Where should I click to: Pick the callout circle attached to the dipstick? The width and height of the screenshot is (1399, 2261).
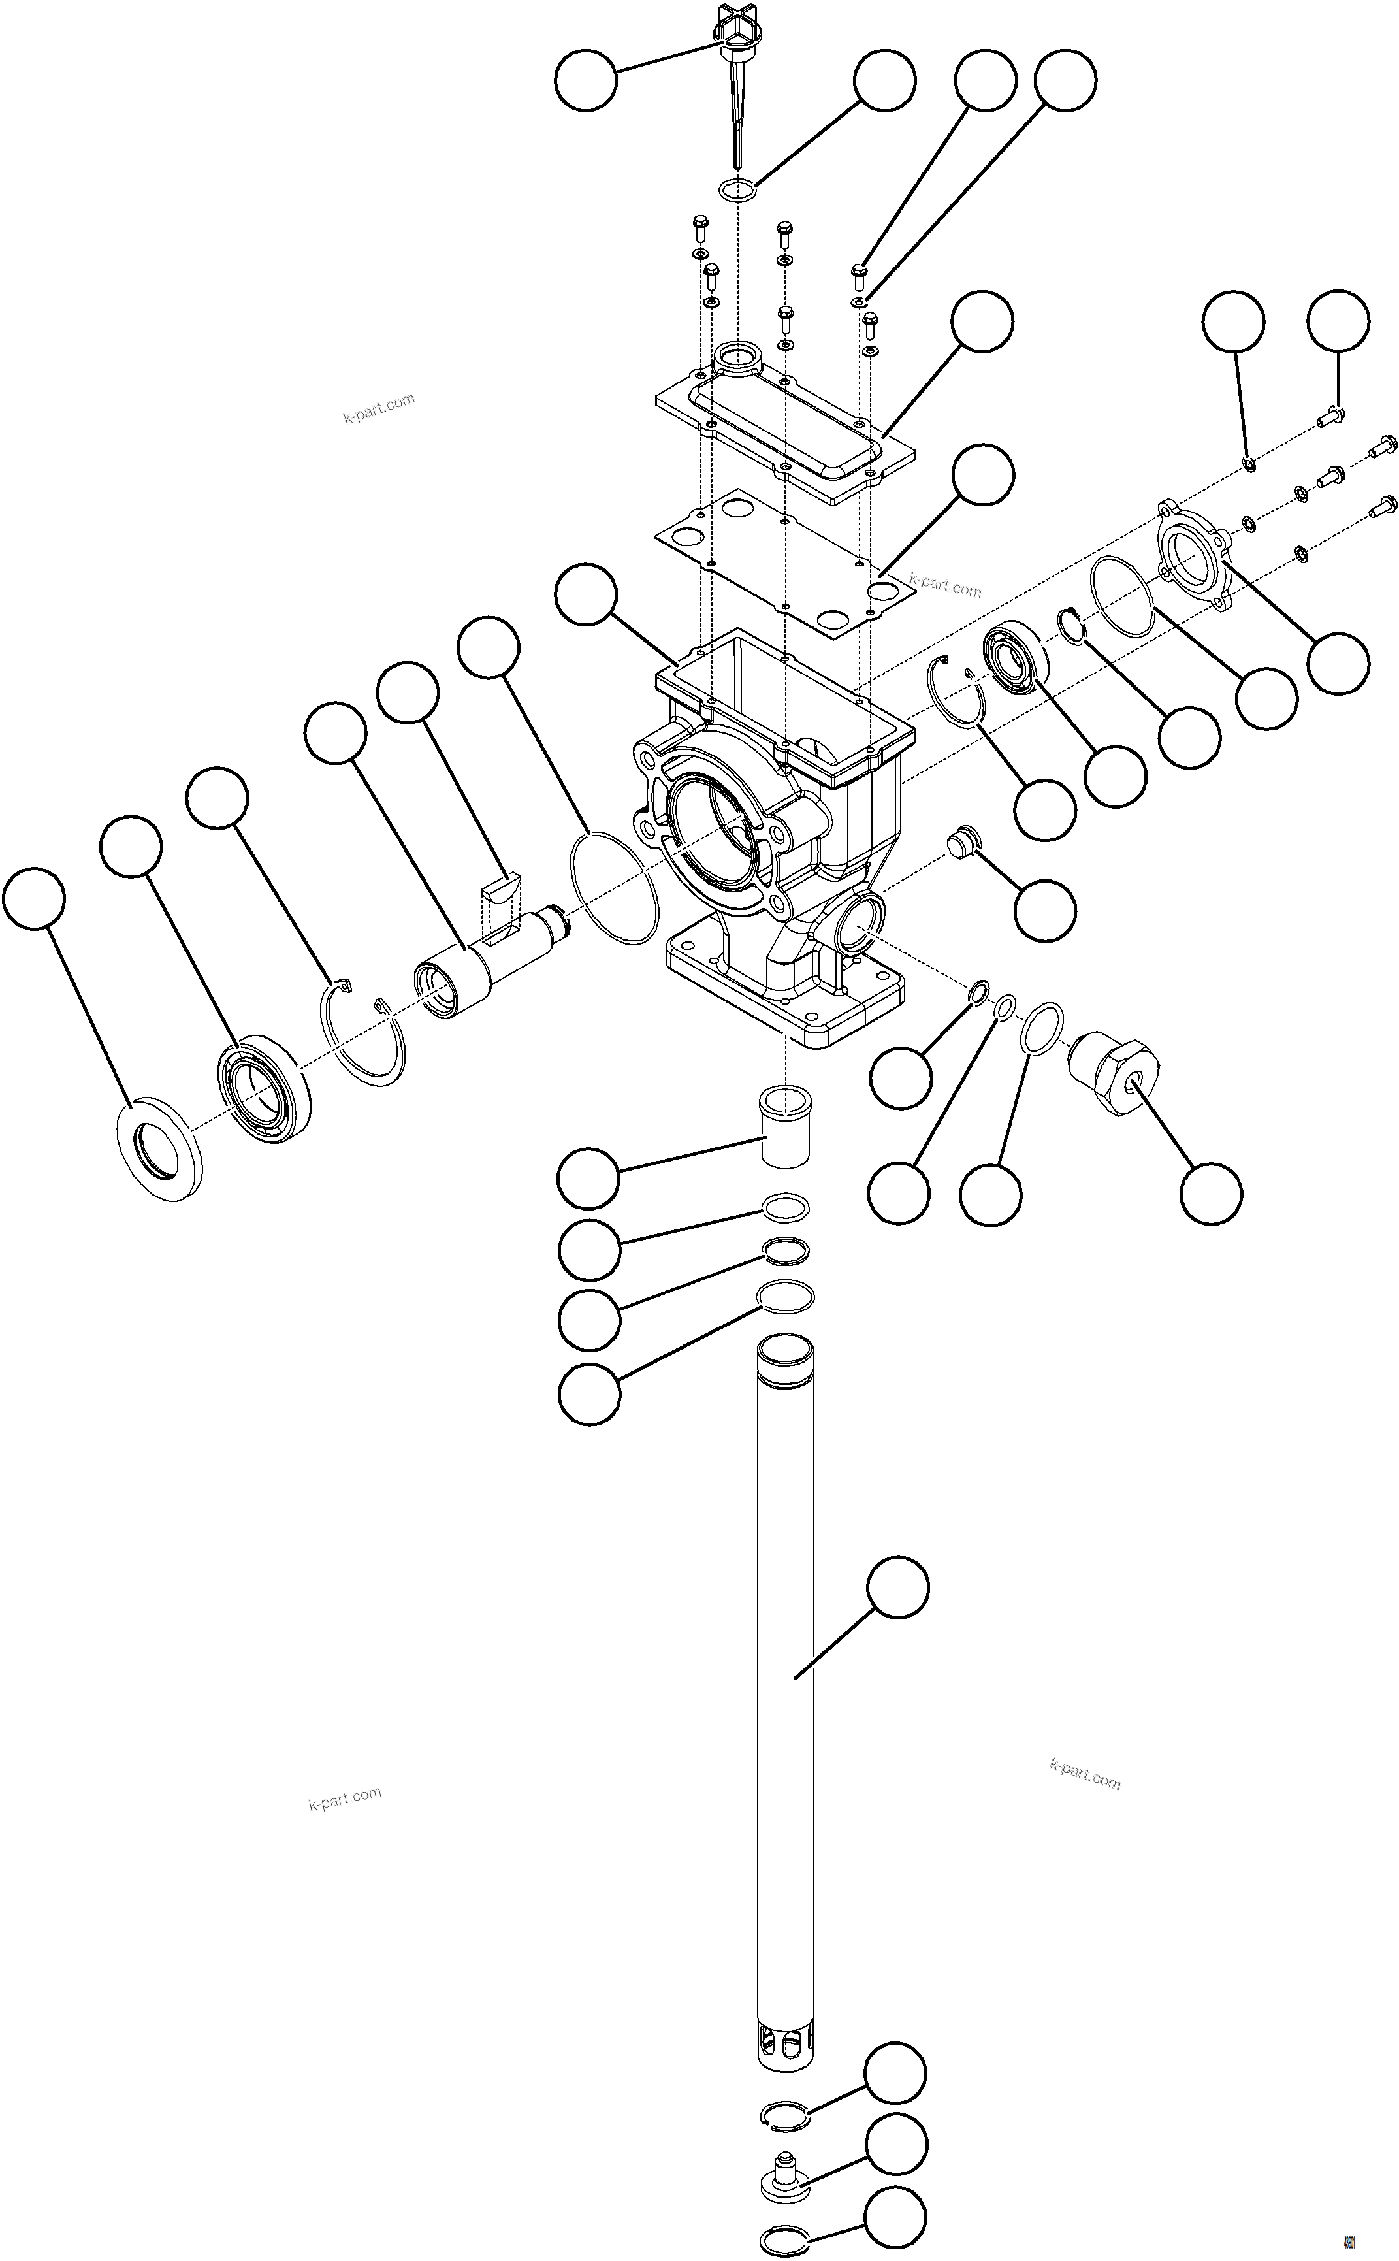(586, 80)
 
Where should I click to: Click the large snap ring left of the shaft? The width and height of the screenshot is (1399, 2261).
(364, 1035)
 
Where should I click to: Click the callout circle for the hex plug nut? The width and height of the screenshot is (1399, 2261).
(1210, 1194)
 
